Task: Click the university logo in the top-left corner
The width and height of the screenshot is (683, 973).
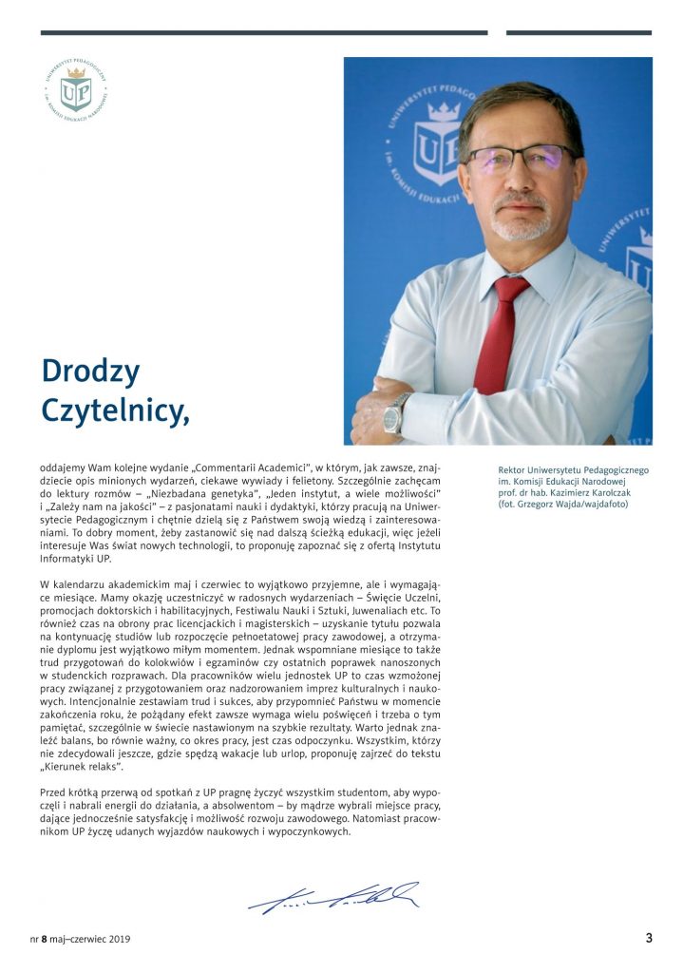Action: (x=75, y=91)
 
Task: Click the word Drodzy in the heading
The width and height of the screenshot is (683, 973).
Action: (x=90, y=371)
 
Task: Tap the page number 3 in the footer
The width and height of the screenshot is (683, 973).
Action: (x=649, y=939)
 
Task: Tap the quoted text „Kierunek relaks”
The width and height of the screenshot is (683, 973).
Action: (x=81, y=765)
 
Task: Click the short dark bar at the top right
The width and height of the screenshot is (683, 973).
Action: (x=579, y=33)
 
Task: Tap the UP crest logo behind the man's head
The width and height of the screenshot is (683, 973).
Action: (x=437, y=143)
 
